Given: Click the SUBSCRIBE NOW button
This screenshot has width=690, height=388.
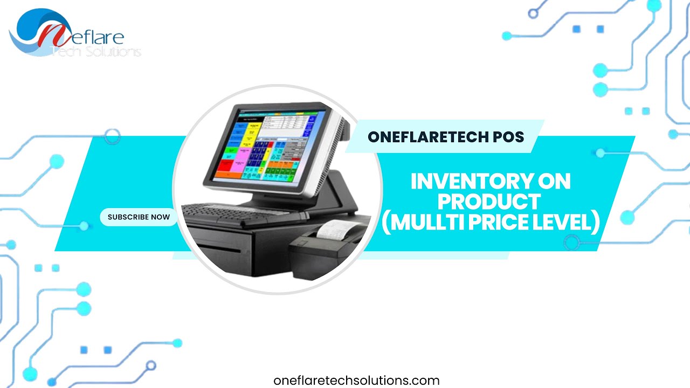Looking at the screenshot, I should tap(139, 217).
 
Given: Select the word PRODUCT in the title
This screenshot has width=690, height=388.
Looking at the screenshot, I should tap(489, 202).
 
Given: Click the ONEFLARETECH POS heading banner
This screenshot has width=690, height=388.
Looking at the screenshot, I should tap(446, 137).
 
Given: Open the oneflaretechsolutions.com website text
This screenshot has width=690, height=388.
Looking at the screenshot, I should tap(356, 380).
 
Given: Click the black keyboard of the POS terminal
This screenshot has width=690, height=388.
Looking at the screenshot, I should tap(243, 213).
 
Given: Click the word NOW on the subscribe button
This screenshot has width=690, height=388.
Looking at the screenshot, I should tap(160, 217).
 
